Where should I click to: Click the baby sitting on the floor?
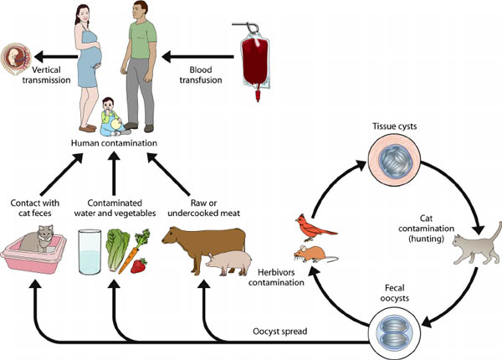tap(110, 117)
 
